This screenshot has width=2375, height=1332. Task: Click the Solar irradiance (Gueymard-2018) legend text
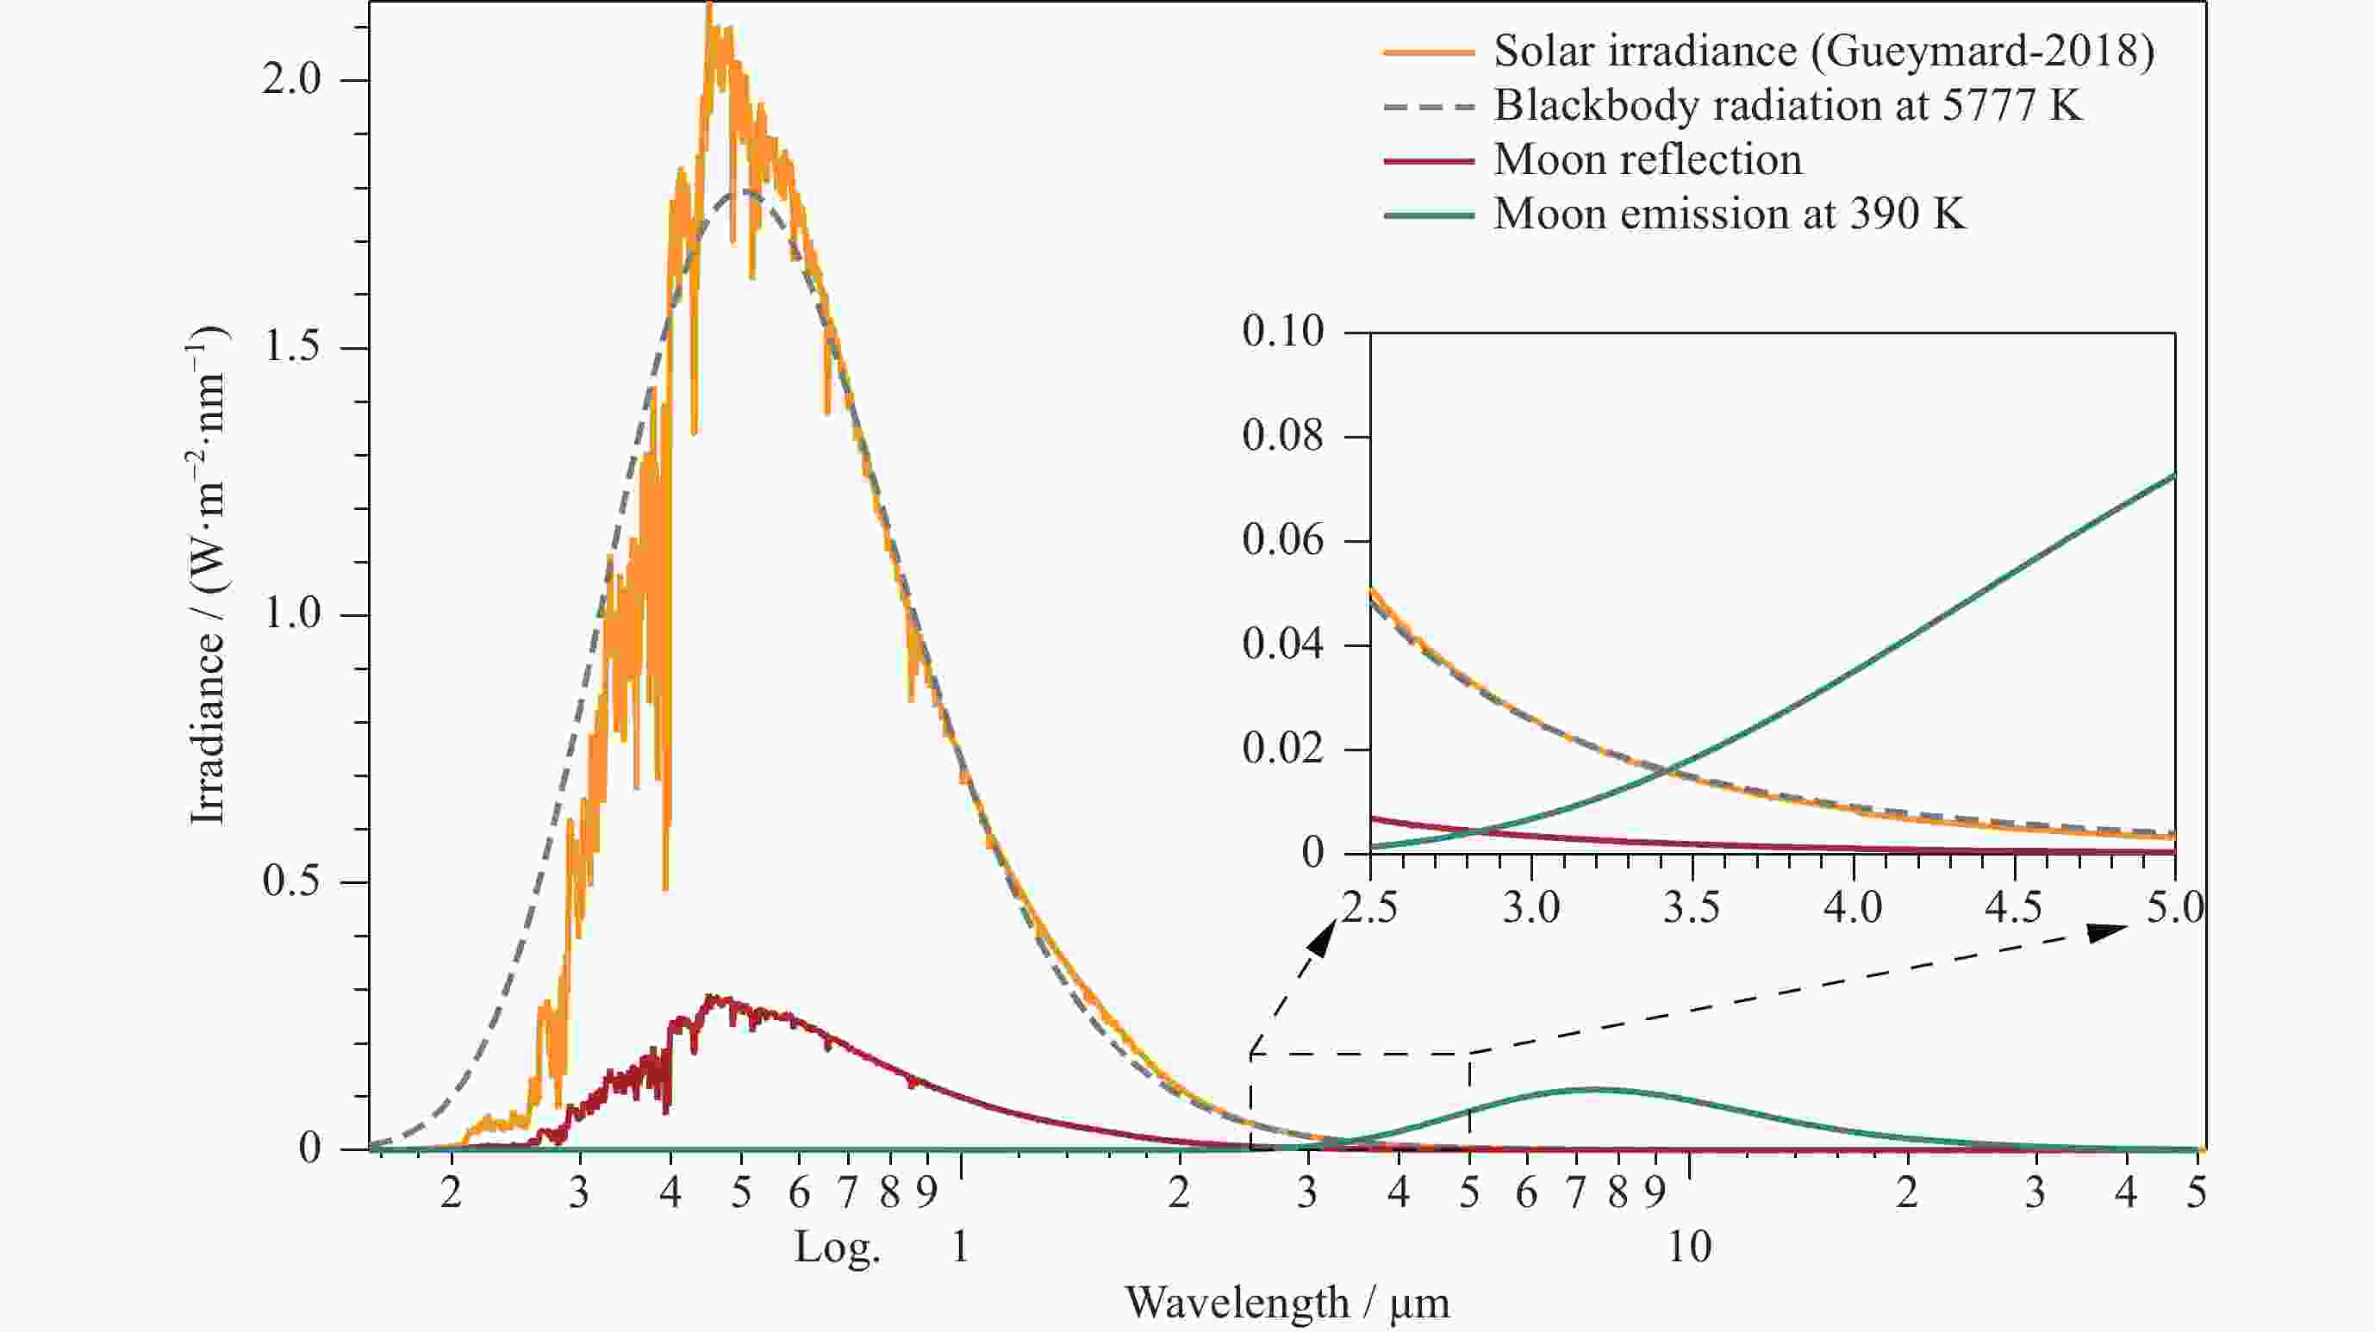(1823, 52)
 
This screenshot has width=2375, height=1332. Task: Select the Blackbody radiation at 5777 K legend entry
(1787, 106)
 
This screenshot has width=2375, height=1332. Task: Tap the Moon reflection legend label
(1648, 160)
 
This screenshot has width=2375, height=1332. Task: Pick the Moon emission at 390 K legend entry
(1730, 215)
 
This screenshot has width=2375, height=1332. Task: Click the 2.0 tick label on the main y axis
(290, 79)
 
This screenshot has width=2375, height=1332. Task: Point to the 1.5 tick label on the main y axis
(292, 347)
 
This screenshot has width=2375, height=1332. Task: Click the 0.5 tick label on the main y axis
(290, 882)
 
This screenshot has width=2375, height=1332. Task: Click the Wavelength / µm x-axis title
(1287, 1303)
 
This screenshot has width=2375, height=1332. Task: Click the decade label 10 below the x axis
(1689, 1248)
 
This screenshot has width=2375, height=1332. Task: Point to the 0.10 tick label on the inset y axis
(1282, 332)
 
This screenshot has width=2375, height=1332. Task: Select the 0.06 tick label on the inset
(1282, 540)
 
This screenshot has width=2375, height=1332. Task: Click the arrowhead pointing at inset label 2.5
(1323, 937)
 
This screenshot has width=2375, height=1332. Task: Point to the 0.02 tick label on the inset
(1282, 749)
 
